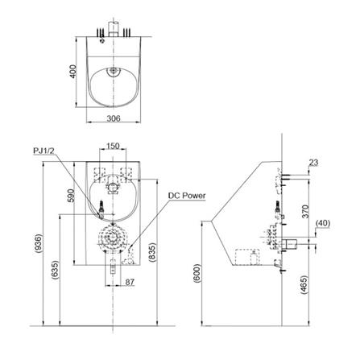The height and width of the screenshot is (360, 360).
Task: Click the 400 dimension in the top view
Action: click(x=73, y=72)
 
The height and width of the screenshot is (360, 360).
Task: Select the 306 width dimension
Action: click(x=114, y=118)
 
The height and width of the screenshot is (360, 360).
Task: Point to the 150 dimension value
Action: click(x=113, y=146)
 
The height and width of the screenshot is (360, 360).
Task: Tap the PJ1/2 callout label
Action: click(x=44, y=151)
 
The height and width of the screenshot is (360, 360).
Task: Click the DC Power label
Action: click(x=187, y=196)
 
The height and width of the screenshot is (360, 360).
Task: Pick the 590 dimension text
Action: click(x=71, y=196)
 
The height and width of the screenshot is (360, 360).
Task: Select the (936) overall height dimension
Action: click(x=38, y=243)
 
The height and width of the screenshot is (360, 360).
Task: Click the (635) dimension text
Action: click(x=55, y=270)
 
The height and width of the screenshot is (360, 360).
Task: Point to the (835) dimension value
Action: click(x=152, y=252)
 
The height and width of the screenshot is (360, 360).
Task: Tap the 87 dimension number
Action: click(x=130, y=282)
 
